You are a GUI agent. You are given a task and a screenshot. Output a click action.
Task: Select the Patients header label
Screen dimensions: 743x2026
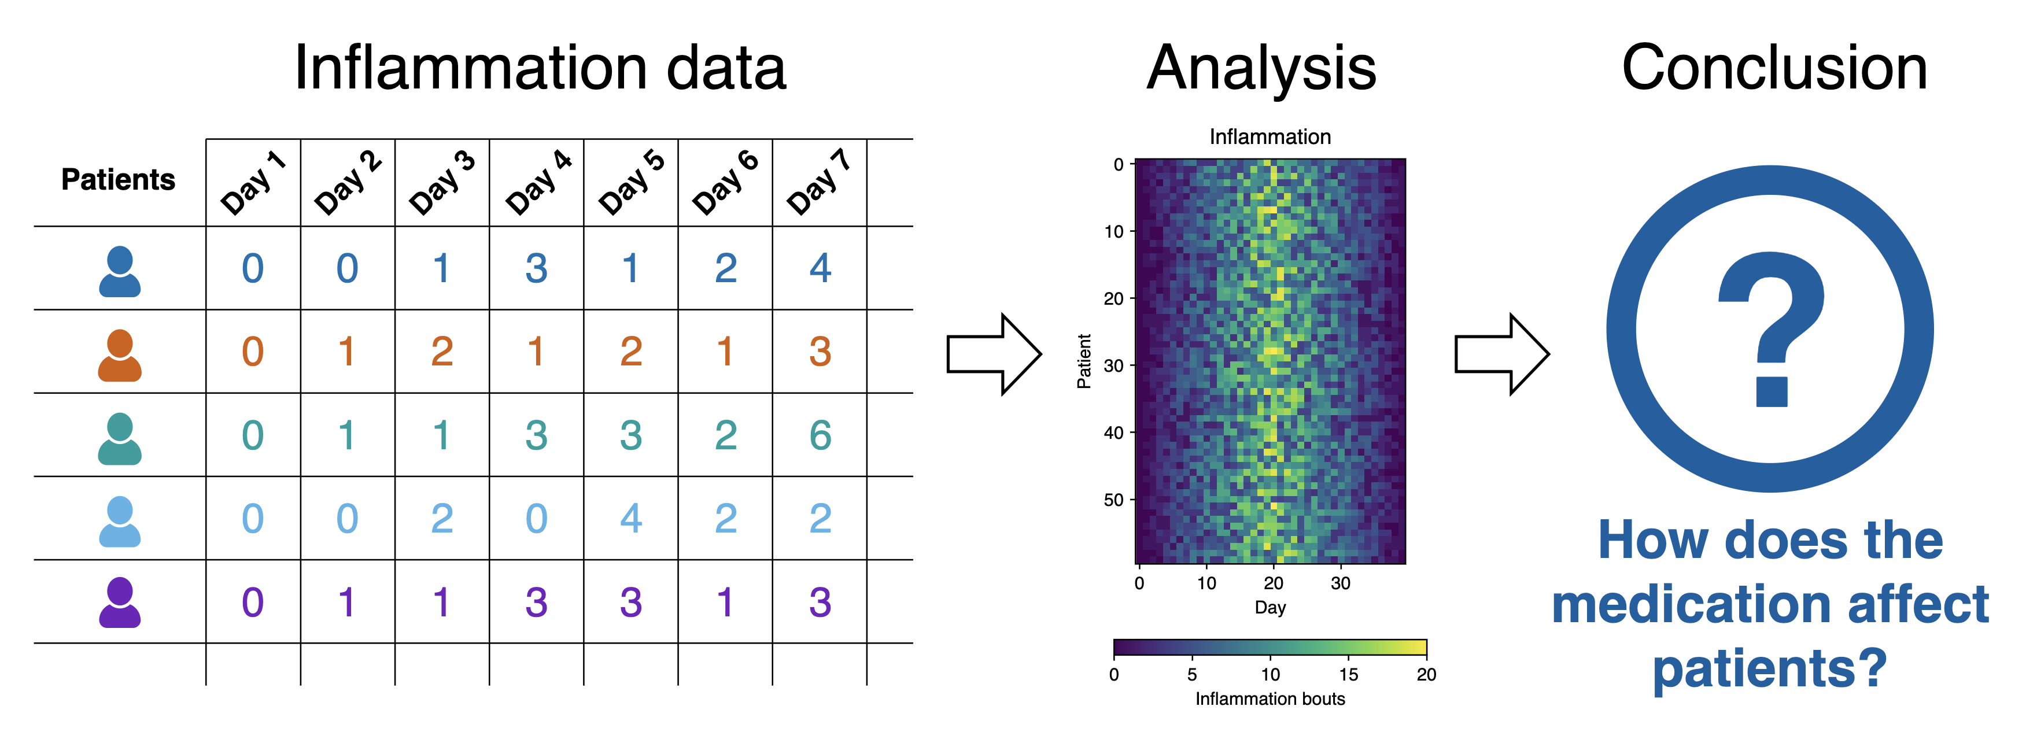pos(118,179)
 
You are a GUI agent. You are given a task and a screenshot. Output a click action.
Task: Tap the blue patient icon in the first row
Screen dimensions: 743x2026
pos(120,271)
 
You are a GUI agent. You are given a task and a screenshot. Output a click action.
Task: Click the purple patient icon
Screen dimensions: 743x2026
pos(120,602)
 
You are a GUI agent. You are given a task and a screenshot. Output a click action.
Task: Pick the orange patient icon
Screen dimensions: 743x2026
pos(120,356)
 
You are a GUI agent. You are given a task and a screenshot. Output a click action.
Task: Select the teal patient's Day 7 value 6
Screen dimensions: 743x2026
pos(820,435)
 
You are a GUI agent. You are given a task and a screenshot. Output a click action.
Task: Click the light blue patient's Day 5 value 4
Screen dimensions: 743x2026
pos(631,519)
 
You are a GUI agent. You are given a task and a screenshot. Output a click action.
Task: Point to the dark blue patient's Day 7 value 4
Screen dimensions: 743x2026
pos(820,269)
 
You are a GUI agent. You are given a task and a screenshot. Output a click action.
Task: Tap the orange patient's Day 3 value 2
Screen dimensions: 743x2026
pos(442,352)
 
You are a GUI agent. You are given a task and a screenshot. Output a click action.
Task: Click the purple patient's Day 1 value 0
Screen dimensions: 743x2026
pos(253,602)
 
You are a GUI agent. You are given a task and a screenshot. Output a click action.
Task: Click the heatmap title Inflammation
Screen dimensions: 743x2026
pos(1270,137)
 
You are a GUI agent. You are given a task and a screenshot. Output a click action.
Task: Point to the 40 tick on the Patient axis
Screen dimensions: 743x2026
pos(1114,433)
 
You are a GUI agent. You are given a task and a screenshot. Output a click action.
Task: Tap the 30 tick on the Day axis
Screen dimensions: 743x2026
pos(1340,583)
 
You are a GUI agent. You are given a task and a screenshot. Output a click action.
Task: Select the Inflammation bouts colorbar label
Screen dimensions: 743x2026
pos(1270,699)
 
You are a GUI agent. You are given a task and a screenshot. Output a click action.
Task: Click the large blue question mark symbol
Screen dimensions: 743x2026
pos(1771,328)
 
